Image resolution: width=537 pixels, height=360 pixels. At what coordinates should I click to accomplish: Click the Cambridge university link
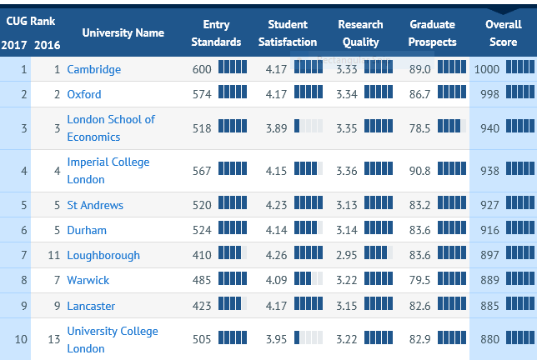pyautogui.click(x=94, y=69)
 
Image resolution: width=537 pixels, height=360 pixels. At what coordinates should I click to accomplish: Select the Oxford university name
pyautogui.click(x=84, y=94)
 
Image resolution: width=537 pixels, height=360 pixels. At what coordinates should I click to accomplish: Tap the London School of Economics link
pyautogui.click(x=111, y=128)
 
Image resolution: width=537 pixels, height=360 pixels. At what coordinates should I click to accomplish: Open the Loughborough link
pyautogui.click(x=103, y=255)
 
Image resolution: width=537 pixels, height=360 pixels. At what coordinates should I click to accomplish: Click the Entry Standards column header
pyautogui.click(x=216, y=33)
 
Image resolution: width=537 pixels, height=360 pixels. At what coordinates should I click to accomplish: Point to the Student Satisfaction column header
pyautogui.click(x=288, y=33)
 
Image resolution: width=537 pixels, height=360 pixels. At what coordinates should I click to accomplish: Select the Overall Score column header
pyautogui.click(x=504, y=33)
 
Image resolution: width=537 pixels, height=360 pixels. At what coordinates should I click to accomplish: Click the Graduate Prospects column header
pyautogui.click(x=432, y=33)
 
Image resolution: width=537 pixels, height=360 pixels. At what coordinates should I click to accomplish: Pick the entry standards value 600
pyautogui.click(x=202, y=69)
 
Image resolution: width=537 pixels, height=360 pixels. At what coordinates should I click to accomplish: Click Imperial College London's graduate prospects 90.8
pyautogui.click(x=420, y=171)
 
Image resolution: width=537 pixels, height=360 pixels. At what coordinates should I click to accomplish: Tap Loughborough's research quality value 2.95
pyautogui.click(x=347, y=255)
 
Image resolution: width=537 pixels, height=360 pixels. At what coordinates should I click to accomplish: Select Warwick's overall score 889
pyautogui.click(x=489, y=280)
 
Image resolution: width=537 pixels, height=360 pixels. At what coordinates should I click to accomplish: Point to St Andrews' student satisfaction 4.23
pyautogui.click(x=276, y=205)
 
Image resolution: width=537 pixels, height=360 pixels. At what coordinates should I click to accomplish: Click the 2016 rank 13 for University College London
pyautogui.click(x=54, y=339)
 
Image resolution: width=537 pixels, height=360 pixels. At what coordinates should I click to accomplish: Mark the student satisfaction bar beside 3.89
pyautogui.click(x=309, y=126)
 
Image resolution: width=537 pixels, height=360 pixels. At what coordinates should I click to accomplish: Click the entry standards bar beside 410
pyautogui.click(x=233, y=252)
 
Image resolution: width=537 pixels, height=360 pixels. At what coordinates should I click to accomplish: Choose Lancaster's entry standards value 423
pyautogui.click(x=202, y=306)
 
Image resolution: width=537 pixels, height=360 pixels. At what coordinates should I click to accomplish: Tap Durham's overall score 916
pyautogui.click(x=489, y=230)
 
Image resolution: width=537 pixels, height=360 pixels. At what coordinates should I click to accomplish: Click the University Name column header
pyautogui.click(x=123, y=32)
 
